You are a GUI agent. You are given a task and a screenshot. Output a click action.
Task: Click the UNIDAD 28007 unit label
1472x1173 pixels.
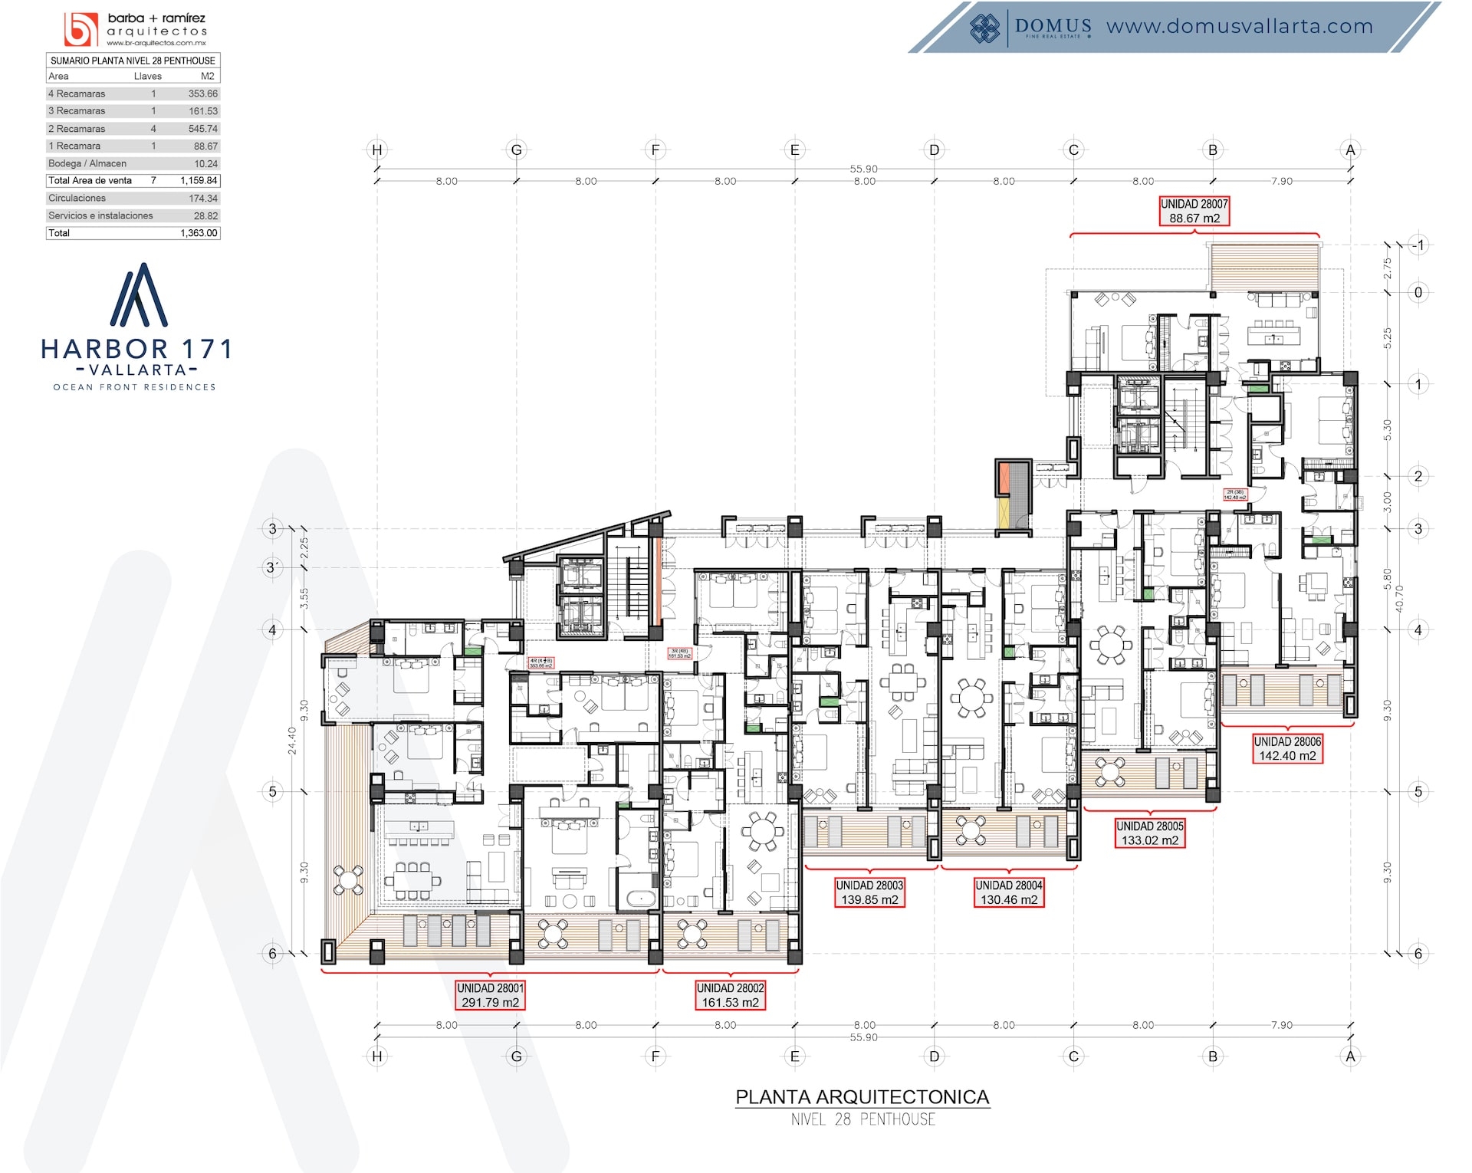click(x=1194, y=211)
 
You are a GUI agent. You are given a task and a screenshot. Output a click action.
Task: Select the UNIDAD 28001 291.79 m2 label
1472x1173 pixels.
click(x=490, y=995)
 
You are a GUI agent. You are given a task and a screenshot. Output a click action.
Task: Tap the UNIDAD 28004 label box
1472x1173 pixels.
click(x=1008, y=892)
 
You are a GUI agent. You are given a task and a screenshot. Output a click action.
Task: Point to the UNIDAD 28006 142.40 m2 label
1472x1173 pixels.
click(x=1287, y=748)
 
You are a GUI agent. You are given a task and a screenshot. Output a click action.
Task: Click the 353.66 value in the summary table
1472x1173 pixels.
click(x=202, y=94)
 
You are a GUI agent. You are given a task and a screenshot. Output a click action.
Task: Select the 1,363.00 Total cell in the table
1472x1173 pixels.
click(x=199, y=233)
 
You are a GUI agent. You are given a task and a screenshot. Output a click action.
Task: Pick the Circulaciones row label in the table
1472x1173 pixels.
click(x=77, y=198)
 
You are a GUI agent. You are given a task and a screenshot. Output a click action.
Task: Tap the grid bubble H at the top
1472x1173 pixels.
click(x=376, y=150)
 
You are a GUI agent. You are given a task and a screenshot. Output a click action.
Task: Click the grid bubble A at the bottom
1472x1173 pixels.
click(x=1350, y=1056)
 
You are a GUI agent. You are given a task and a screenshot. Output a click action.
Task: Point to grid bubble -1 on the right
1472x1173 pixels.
click(x=1418, y=245)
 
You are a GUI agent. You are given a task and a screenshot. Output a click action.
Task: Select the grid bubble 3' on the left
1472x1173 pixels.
click(x=272, y=568)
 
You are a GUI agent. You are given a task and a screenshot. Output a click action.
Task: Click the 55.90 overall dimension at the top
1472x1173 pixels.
click(x=863, y=169)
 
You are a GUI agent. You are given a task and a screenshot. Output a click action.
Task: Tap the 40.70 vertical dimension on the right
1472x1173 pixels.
click(x=1399, y=599)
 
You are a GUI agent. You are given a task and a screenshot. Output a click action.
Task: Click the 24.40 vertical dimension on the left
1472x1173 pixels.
click(x=292, y=741)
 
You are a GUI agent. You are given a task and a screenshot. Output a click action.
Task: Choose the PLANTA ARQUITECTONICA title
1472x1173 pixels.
click(x=863, y=1097)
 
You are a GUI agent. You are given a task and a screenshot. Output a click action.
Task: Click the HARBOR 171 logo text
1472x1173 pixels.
click(x=136, y=350)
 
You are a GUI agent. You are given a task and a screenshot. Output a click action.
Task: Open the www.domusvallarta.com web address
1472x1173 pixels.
click(x=1239, y=26)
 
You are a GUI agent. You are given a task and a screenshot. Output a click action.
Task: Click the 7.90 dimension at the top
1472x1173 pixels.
click(x=1281, y=181)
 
